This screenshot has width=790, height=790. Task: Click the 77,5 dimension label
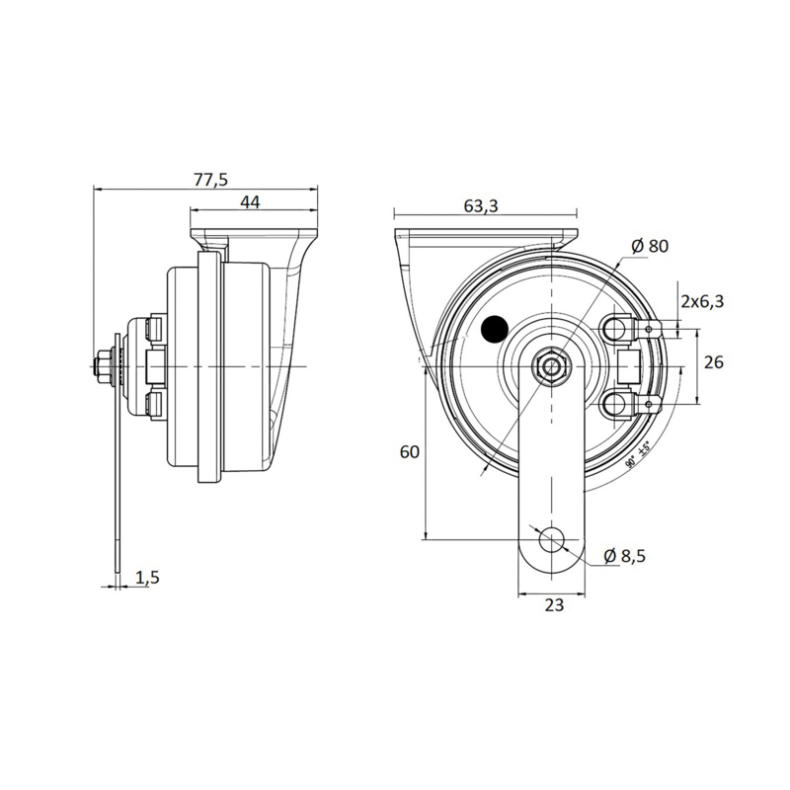click(x=211, y=179)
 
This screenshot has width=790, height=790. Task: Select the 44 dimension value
click(x=250, y=202)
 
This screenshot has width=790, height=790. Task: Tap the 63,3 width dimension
click(x=480, y=205)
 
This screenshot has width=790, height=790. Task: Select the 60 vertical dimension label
click(x=410, y=451)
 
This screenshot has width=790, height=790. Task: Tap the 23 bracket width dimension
click(x=553, y=605)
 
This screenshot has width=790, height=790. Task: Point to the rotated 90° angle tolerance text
click(x=637, y=455)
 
